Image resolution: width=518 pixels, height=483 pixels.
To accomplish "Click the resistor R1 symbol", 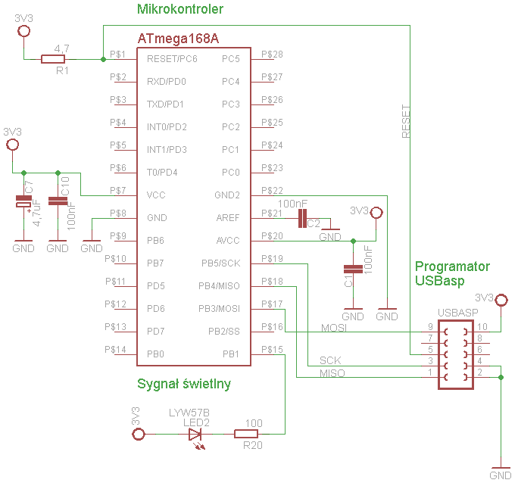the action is pyautogui.click(x=53, y=59).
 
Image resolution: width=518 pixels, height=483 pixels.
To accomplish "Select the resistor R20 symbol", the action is pyautogui.click(x=246, y=434).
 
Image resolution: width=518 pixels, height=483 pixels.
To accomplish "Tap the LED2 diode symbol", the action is pyautogui.click(x=195, y=435).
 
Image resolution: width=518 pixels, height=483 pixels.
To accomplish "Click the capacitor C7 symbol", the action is pyautogui.click(x=23, y=201).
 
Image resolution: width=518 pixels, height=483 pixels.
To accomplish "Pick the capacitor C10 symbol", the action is pyautogui.click(x=58, y=201).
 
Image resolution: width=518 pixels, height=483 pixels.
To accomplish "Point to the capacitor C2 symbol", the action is pyautogui.click(x=302, y=218).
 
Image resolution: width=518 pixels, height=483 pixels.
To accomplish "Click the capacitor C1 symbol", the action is pyautogui.click(x=353, y=269).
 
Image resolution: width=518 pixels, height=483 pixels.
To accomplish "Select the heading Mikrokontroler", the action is pyautogui.click(x=180, y=9).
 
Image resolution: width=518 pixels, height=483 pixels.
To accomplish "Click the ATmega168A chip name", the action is pyautogui.click(x=178, y=39).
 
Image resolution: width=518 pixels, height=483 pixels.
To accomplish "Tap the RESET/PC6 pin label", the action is pyautogui.click(x=172, y=59).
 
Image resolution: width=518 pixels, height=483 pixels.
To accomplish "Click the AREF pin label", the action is pyautogui.click(x=228, y=218).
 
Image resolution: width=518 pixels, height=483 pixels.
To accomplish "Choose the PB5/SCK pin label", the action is pyautogui.click(x=220, y=263).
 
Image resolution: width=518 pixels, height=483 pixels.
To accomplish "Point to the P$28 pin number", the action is pyautogui.click(x=272, y=55).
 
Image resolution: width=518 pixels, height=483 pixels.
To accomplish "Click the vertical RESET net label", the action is pyautogui.click(x=406, y=121).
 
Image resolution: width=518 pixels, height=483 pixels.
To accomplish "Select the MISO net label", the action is pyautogui.click(x=332, y=373).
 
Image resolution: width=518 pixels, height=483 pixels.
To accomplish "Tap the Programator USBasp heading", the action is pyautogui.click(x=452, y=273).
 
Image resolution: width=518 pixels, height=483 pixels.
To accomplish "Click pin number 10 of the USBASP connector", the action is pyautogui.click(x=482, y=327).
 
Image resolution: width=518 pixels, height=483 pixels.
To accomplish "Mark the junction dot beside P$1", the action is pyautogui.click(x=104, y=59).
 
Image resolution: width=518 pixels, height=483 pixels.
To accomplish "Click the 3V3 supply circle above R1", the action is pyautogui.click(x=23, y=31).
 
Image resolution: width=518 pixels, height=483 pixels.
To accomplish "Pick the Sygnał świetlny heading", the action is pyautogui.click(x=184, y=384).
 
